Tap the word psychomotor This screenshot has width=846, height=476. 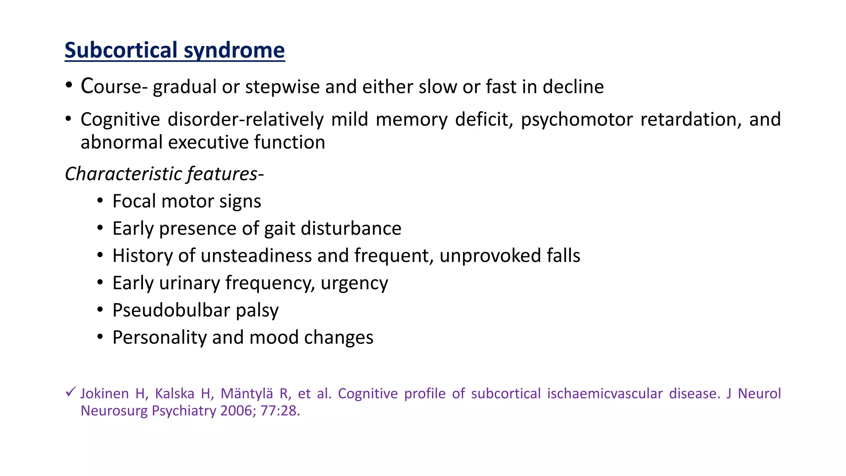[577, 120]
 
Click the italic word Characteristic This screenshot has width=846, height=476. [124, 174]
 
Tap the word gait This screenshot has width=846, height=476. [280, 229]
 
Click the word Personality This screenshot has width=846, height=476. [159, 338]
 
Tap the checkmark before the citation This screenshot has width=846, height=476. [71, 391]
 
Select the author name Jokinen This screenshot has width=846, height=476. [105, 393]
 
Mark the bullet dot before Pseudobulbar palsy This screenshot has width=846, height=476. [100, 310]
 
